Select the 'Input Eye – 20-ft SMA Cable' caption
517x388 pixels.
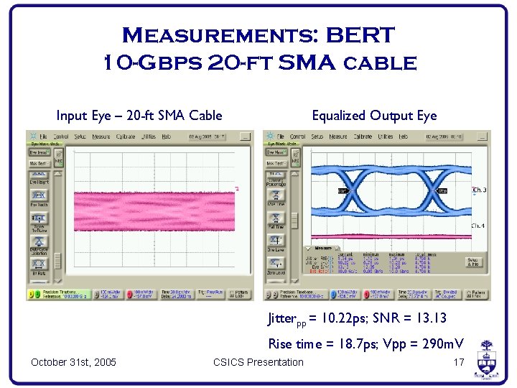pyautogui.click(x=139, y=116)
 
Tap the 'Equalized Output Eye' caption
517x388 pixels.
pyautogui.click(x=374, y=116)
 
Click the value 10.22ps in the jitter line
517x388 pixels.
pyautogui.click(x=345, y=318)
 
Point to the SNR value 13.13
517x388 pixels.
pyautogui.click(x=432, y=318)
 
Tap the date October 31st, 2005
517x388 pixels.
pyautogui.click(x=73, y=361)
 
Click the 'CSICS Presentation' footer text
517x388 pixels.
pyautogui.click(x=258, y=361)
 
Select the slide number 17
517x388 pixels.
pyautogui.click(x=459, y=361)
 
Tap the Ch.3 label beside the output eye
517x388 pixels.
pyautogui.click(x=478, y=190)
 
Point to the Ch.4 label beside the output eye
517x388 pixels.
pyautogui.click(x=478, y=226)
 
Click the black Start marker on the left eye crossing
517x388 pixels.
pyautogui.click(x=344, y=191)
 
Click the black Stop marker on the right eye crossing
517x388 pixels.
pyautogui.click(x=442, y=191)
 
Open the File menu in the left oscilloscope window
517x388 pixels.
pyautogui.click(x=44, y=136)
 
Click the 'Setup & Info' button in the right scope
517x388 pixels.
pyautogui.click(x=473, y=262)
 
